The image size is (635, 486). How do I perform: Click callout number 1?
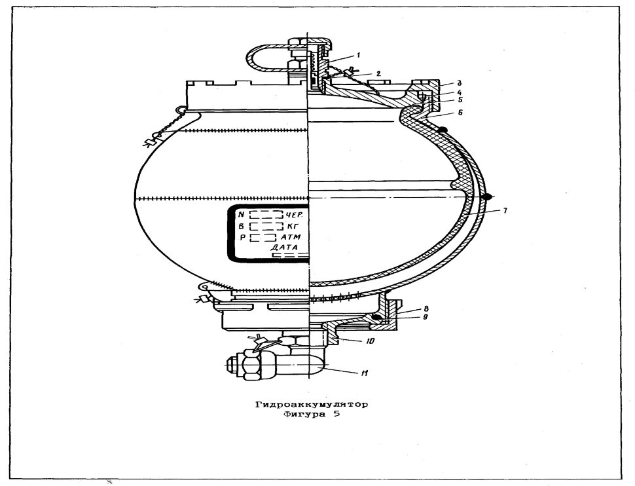click(358, 54)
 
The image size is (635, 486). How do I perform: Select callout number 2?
click(378, 73)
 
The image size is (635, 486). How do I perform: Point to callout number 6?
click(460, 113)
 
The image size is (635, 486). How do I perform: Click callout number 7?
click(505, 210)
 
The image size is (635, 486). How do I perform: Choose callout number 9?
click(425, 318)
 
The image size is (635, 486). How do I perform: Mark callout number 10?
click(370, 341)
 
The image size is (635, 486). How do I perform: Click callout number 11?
click(365, 373)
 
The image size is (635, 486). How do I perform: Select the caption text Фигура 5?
click(312, 415)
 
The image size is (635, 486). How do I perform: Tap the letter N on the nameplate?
click(242, 215)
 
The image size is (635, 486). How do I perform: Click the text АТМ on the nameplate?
click(291, 237)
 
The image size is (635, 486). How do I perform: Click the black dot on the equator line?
click(488, 196)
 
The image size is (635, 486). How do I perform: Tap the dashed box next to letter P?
click(263, 237)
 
